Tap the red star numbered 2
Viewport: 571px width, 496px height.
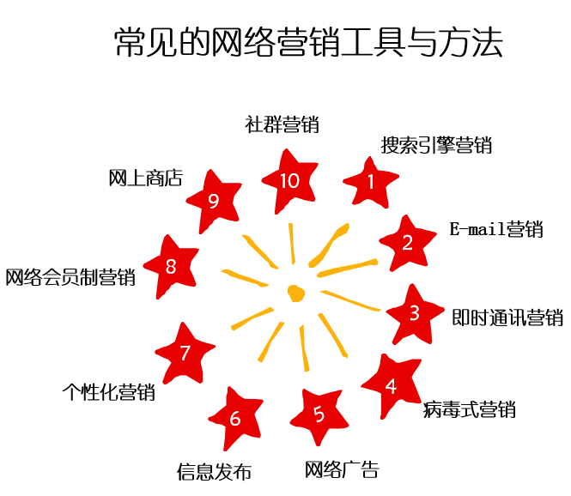click(407, 243)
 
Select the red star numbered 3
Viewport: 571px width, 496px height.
click(414, 313)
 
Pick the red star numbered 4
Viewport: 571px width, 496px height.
click(391, 385)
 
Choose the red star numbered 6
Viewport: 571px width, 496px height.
click(235, 418)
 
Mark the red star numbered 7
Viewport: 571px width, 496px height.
click(185, 353)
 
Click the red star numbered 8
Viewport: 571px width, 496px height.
click(170, 267)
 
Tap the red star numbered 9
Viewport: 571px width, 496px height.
click(214, 201)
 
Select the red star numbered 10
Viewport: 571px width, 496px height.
click(289, 181)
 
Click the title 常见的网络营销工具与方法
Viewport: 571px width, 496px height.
click(308, 43)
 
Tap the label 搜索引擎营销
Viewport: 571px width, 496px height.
click(436, 145)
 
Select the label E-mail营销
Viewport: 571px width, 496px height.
click(496, 229)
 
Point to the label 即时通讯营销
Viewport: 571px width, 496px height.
click(507, 317)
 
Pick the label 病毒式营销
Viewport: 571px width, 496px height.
click(470, 408)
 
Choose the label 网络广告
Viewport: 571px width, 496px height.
click(342, 469)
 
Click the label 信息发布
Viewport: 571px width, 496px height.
click(215, 471)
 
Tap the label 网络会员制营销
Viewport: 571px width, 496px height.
click(70, 277)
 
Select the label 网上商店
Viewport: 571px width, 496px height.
click(146, 178)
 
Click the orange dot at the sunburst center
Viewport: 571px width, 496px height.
click(296, 292)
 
